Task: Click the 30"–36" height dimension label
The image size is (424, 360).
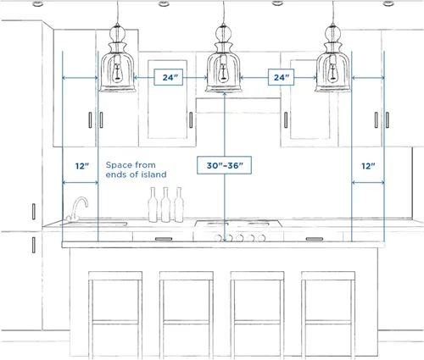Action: point(225,165)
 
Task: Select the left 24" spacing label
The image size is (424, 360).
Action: point(169,77)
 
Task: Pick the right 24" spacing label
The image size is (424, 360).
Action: point(281,77)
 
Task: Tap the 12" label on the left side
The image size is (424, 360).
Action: point(82,166)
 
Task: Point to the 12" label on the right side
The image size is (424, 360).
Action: point(368,166)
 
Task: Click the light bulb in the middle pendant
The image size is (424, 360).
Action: point(224,72)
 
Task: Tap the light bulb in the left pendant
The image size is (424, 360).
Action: point(117,72)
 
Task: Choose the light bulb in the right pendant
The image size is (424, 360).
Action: point(333,72)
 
